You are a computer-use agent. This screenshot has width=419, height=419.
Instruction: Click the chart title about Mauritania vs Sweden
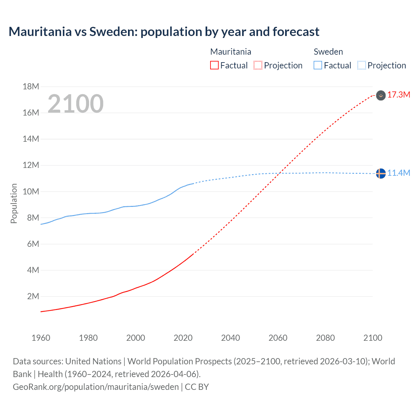[164, 32]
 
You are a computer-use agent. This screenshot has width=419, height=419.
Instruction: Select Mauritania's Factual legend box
[214, 65]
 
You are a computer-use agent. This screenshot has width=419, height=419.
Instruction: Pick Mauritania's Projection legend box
[258, 65]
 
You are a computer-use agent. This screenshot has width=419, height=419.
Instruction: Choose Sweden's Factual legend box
[318, 65]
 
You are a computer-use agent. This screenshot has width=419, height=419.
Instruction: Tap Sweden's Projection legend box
[362, 65]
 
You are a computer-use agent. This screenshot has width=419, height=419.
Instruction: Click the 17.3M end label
[398, 95]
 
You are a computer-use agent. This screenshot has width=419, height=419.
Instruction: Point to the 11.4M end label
[398, 173]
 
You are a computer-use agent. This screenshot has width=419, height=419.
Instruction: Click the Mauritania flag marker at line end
[381, 95]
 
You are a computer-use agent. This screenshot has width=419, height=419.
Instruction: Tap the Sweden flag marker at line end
[381, 173]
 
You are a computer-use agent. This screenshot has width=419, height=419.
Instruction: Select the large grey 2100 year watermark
[76, 104]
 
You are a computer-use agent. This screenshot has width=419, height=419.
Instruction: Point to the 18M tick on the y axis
[31, 87]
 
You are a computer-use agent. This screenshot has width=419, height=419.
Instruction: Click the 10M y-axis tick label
[31, 191]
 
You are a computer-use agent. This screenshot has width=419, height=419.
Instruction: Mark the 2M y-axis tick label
[33, 297]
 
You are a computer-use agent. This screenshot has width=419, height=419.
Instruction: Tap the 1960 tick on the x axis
[41, 338]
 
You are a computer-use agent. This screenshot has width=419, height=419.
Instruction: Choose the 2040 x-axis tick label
[230, 338]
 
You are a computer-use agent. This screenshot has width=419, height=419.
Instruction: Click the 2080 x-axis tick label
[325, 338]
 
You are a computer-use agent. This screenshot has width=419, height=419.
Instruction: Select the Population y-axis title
[14, 203]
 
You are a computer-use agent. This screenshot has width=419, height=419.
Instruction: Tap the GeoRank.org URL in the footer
[96, 387]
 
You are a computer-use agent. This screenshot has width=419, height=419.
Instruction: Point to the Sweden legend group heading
[328, 52]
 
